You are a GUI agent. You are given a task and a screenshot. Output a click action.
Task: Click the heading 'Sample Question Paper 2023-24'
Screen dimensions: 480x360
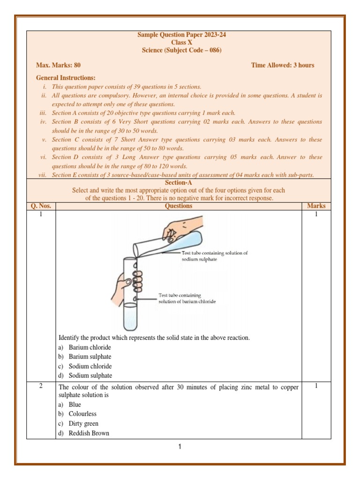(x=178, y=35)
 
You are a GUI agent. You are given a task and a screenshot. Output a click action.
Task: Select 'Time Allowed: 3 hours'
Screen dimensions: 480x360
(x=283, y=65)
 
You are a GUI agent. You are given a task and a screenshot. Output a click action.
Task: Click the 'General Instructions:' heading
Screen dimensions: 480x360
(x=66, y=77)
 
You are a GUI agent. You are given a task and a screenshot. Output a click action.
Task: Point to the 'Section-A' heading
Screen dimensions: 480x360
(x=178, y=183)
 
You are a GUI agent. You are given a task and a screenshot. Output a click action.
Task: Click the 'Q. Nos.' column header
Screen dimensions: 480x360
(x=41, y=206)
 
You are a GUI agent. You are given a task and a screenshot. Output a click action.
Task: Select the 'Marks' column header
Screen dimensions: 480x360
(x=316, y=206)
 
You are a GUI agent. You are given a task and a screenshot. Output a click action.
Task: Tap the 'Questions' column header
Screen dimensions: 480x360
(x=178, y=206)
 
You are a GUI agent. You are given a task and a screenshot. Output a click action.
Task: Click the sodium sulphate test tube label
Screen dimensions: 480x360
(x=214, y=256)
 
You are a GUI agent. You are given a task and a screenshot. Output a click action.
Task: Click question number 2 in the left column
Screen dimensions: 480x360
(x=41, y=386)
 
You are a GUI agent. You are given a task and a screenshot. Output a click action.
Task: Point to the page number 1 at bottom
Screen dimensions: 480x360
(x=179, y=447)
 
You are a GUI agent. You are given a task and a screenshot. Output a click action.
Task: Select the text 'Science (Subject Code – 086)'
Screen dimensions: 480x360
(x=178, y=50)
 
